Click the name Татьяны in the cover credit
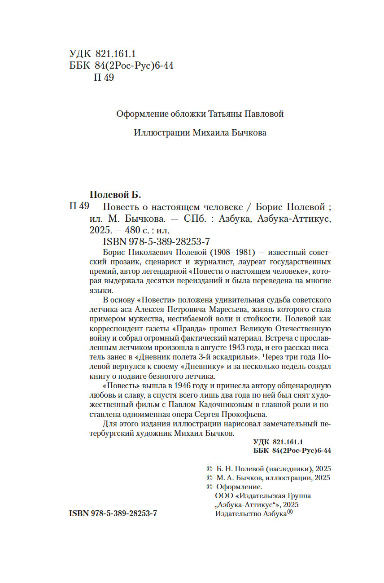coord(225,114)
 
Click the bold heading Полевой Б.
coord(115,195)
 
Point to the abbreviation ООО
coord(223,496)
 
